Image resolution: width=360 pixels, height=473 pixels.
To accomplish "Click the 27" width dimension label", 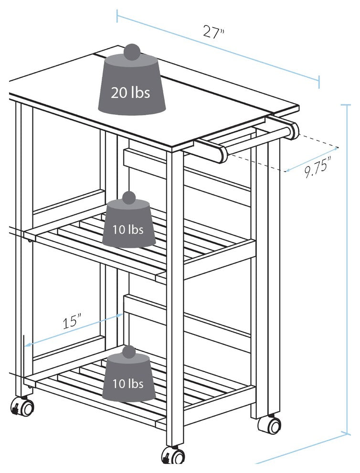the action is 214,32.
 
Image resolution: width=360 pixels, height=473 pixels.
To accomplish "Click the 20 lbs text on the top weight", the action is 130,92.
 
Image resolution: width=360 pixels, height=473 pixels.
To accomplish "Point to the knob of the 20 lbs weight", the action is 132,52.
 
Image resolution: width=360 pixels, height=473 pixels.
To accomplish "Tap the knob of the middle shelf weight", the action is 129,198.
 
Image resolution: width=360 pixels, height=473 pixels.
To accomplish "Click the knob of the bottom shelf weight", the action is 129,352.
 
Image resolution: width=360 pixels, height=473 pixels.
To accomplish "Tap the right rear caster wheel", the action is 270,425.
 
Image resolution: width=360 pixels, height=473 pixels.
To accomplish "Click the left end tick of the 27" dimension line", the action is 117,16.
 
